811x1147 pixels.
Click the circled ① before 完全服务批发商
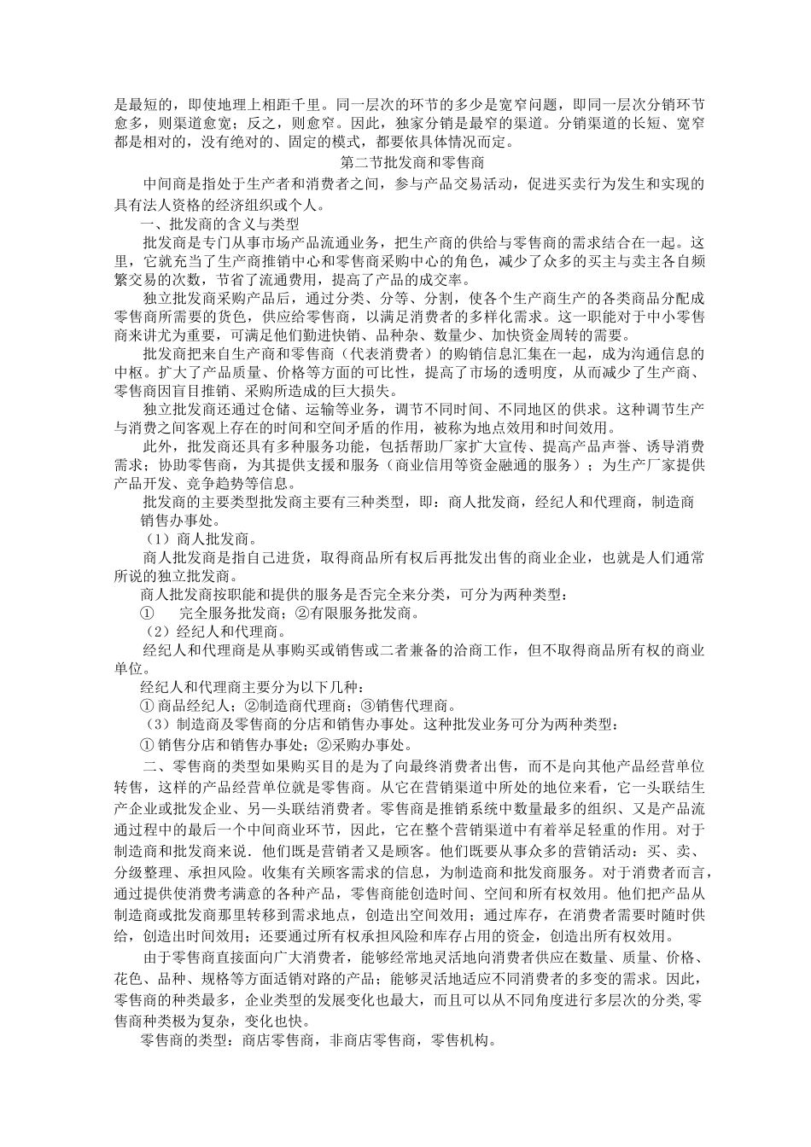coord(147,613)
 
